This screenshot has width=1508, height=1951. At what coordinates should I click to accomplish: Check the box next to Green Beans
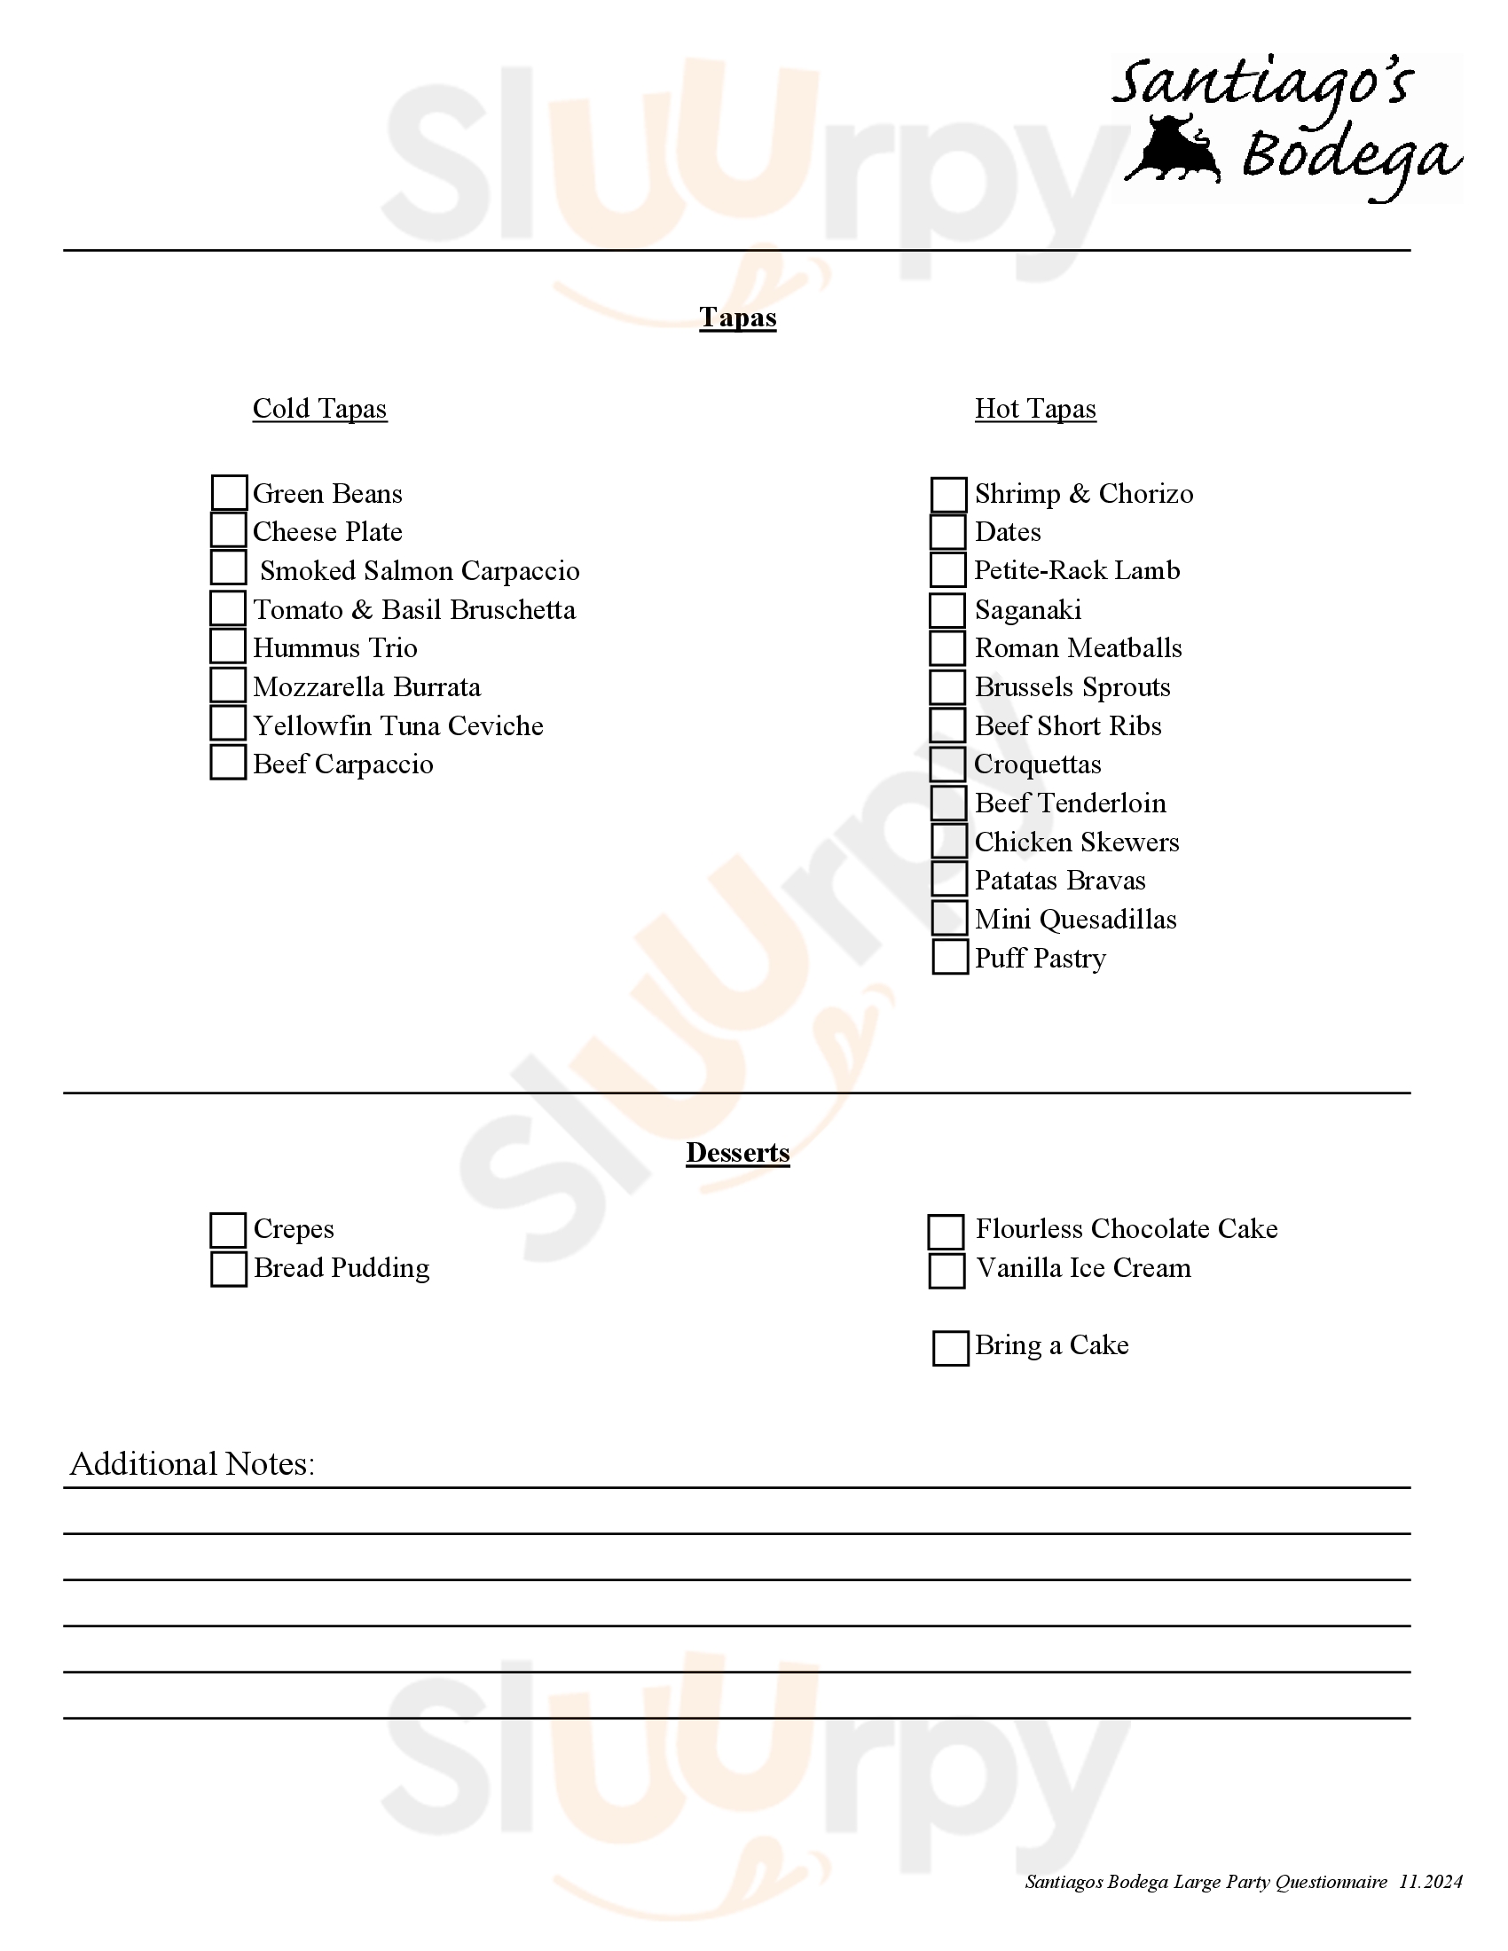click(229, 492)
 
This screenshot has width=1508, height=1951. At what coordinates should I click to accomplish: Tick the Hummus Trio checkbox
click(228, 646)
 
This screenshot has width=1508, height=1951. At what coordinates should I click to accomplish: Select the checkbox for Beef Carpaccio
click(228, 762)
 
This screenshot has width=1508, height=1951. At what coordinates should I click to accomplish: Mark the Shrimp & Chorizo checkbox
click(949, 494)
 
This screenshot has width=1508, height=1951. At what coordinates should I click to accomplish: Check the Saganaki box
click(947, 610)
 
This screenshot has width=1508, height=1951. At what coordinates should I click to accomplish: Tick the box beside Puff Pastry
click(950, 957)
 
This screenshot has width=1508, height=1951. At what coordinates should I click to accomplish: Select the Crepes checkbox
click(228, 1230)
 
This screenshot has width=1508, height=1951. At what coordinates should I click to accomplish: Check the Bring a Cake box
click(951, 1348)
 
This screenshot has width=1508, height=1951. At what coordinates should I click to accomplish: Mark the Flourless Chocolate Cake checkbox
click(946, 1232)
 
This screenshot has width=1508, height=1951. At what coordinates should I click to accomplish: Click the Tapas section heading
click(738, 317)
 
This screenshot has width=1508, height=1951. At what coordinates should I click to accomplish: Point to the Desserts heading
click(738, 1152)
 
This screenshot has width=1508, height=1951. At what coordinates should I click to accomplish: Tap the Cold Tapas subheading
click(320, 408)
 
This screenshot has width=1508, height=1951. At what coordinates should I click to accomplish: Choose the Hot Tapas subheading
click(1035, 408)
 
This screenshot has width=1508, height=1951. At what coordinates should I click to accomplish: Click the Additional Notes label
click(192, 1463)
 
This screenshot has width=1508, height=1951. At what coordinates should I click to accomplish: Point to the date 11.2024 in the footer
click(1430, 1881)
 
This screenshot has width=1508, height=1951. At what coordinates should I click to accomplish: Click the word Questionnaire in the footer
click(1331, 1881)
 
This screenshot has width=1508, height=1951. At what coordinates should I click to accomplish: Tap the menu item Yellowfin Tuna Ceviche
click(398, 725)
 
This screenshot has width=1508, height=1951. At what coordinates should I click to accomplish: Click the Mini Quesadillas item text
click(1076, 920)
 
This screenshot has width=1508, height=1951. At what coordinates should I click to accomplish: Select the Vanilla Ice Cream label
click(1084, 1267)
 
